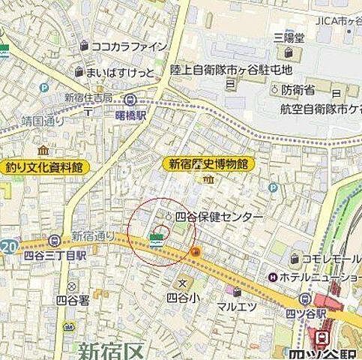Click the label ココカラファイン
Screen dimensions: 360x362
[133, 46]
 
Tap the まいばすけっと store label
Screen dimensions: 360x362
[120, 72]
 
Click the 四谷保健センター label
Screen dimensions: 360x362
[217, 216]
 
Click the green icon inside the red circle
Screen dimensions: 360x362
[156, 240]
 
